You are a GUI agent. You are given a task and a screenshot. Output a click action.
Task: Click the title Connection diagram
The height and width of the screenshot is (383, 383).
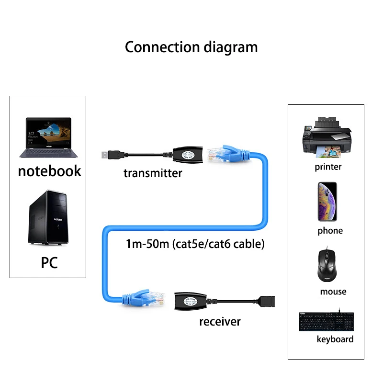[x=191, y=47]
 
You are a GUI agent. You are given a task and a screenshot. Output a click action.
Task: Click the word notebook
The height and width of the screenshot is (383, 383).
[x=49, y=171]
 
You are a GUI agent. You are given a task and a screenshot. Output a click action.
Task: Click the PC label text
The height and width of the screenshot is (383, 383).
[x=49, y=262]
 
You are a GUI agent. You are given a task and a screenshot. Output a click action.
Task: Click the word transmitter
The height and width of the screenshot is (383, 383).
[x=153, y=173]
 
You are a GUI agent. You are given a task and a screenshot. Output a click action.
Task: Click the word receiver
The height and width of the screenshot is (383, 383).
[x=220, y=321]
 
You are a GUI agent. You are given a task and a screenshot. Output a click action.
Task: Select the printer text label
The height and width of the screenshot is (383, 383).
[x=328, y=167]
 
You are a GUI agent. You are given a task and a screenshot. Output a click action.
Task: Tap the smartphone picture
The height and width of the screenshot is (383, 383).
[x=327, y=201]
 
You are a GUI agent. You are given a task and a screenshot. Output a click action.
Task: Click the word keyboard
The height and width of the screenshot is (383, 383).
[x=335, y=339]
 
